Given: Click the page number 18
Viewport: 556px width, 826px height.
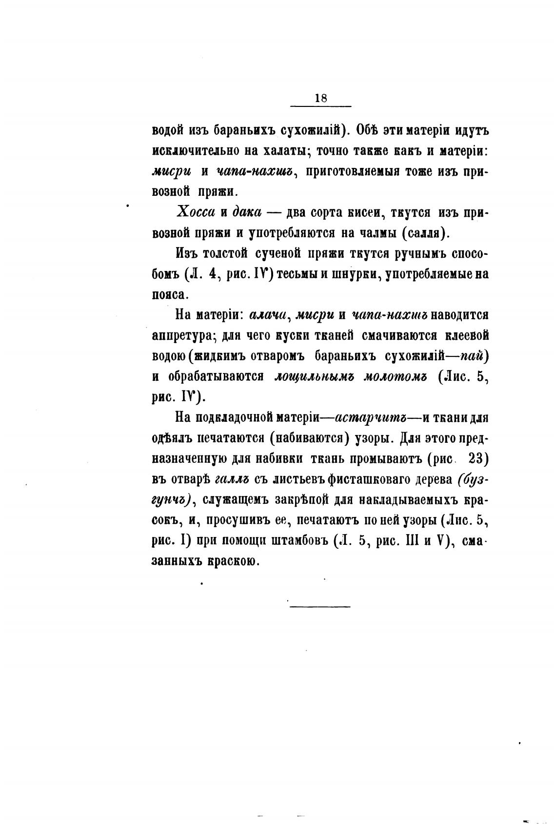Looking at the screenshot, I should pyautogui.click(x=320, y=98).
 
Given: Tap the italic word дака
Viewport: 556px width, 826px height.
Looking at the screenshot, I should pyautogui.click(x=247, y=212).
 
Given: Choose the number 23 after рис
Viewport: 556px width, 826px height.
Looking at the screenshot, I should pyautogui.click(x=478, y=459).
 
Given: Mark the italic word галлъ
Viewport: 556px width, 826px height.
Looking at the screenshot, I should pyautogui.click(x=229, y=480).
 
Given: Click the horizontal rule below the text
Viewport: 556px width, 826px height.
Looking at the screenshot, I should pyautogui.click(x=320, y=607).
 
